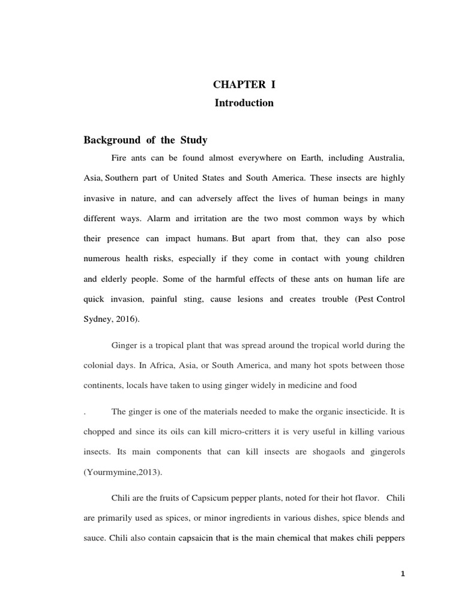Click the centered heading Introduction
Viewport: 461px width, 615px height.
(x=244, y=103)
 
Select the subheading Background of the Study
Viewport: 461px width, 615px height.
(x=145, y=140)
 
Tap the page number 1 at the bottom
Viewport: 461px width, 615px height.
(x=403, y=574)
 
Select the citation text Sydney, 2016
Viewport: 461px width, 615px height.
(x=111, y=319)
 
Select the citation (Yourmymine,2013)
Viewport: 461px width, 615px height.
(x=118, y=471)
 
